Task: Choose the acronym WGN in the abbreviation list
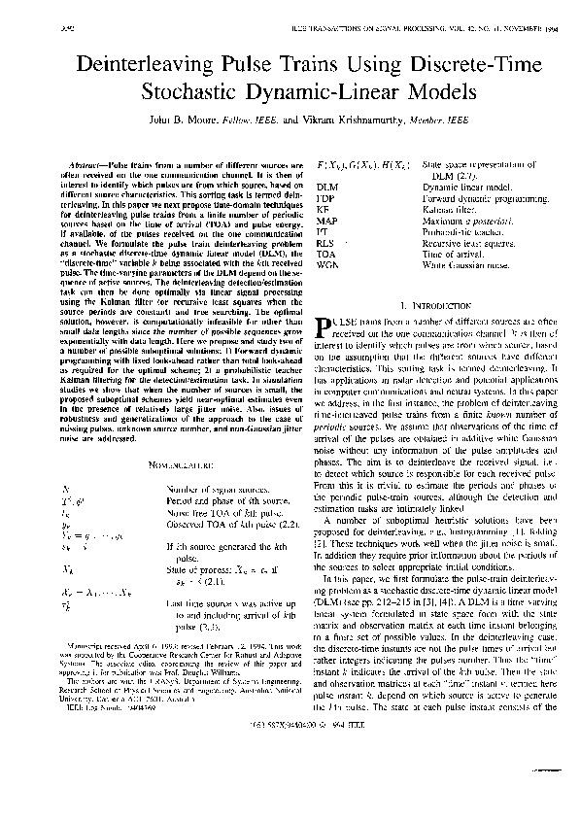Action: [328, 263]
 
